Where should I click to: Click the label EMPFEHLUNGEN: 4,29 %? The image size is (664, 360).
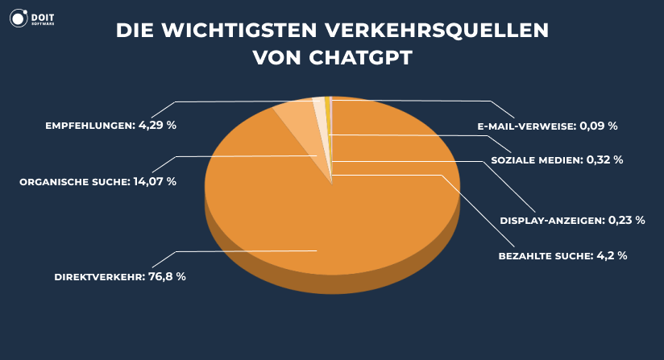[x=111, y=126]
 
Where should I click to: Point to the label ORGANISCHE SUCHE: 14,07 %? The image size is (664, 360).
[x=98, y=182]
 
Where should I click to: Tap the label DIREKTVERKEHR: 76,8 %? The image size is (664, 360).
[x=120, y=276]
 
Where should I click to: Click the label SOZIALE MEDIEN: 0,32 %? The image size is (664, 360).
[x=556, y=159]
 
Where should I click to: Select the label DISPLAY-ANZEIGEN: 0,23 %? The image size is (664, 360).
[x=572, y=219]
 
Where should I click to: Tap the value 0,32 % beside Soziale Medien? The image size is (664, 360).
[x=605, y=159]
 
